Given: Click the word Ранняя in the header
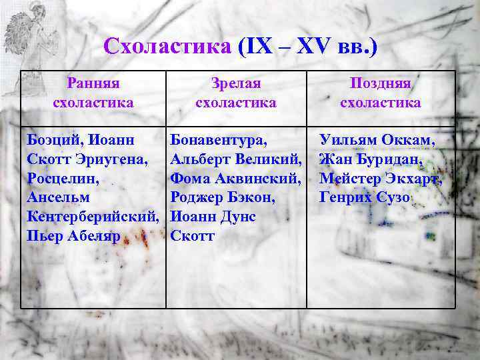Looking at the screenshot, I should tap(93, 83).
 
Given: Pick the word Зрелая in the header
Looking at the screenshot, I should tap(235, 83).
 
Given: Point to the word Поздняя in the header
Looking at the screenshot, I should tap(380, 83).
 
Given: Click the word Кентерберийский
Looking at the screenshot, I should tap(92, 217).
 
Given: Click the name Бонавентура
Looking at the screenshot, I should tap(219, 140).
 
